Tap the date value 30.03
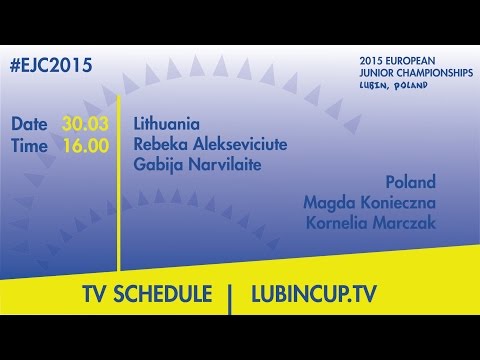[86, 125]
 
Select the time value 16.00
[86, 145]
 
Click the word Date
[31, 125]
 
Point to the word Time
[31, 145]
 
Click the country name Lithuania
[167, 125]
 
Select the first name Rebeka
[160, 145]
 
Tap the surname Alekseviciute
[239, 145]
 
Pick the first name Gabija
[157, 164]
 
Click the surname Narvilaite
[223, 164]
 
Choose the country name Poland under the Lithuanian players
[410, 183]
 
